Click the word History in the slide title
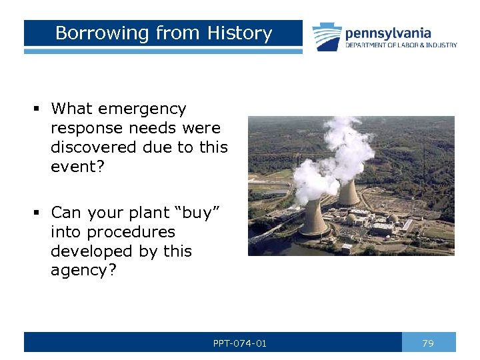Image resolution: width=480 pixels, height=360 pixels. (x=239, y=33)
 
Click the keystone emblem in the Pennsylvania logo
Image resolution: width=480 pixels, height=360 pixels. (x=327, y=37)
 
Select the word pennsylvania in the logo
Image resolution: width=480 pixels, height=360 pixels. (x=387, y=33)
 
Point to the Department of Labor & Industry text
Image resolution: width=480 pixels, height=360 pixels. (x=401, y=45)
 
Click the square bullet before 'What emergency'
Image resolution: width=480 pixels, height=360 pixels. (x=39, y=109)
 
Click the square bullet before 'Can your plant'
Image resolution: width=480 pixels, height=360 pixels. (x=39, y=213)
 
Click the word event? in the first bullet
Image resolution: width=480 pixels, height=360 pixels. (x=76, y=166)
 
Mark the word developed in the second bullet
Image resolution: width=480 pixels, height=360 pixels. (x=89, y=251)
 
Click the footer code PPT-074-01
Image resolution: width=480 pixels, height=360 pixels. (x=239, y=343)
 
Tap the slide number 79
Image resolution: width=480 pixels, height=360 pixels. (x=428, y=343)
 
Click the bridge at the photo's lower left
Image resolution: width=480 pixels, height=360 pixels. (x=267, y=233)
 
